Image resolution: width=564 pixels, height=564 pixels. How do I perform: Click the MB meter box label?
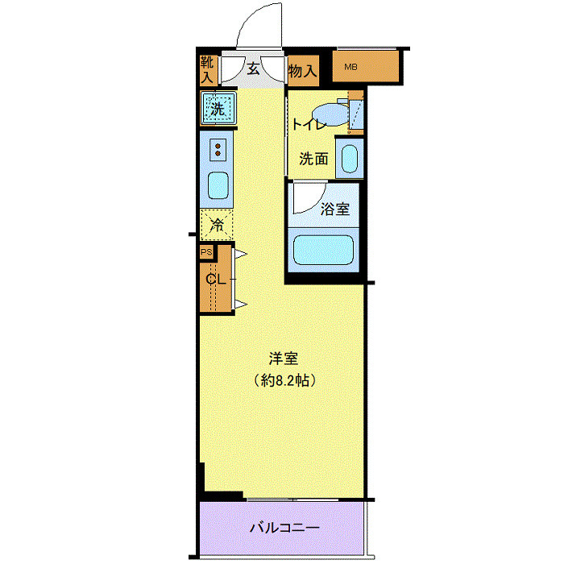[350, 67]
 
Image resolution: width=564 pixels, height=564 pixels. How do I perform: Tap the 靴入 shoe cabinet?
[208, 70]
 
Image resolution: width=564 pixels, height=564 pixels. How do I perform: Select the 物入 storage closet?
[303, 71]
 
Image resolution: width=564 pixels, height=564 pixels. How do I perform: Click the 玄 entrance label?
[254, 68]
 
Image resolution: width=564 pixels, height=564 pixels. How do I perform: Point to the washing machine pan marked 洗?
[218, 108]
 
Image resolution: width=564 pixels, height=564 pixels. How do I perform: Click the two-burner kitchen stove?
[218, 150]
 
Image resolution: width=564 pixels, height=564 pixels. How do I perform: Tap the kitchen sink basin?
[218, 185]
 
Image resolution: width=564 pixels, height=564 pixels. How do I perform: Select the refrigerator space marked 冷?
[217, 225]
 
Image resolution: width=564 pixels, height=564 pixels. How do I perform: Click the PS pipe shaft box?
[206, 252]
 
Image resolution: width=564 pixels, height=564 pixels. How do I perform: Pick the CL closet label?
[215, 279]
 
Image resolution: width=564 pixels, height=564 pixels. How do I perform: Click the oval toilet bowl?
[331, 115]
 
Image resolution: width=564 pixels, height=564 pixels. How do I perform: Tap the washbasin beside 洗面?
[349, 159]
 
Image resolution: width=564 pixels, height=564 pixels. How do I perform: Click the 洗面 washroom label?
[313, 159]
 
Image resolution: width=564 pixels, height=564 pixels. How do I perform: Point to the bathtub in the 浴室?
[323, 250]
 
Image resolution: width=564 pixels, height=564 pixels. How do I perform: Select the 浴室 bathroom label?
[335, 209]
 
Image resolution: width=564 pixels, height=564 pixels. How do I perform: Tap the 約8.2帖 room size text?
[285, 380]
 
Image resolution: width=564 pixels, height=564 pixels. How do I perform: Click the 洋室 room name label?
[284, 359]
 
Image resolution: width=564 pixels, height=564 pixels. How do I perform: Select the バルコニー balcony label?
[284, 528]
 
